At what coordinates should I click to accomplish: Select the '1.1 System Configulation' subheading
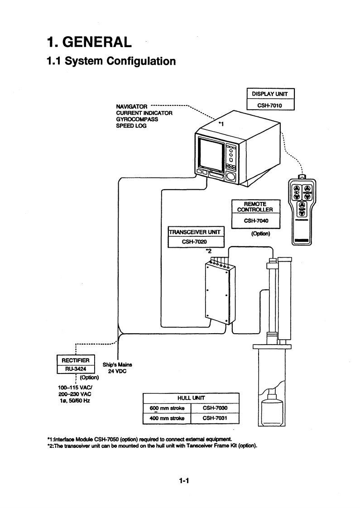[111, 61]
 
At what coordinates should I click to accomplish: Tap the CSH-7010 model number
[270, 105]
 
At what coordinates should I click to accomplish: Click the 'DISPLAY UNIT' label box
[270, 94]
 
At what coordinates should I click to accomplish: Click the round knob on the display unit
[231, 176]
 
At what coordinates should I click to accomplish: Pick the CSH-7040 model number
[256, 221]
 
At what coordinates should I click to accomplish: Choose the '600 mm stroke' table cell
[167, 408]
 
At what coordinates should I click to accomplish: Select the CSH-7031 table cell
[215, 418]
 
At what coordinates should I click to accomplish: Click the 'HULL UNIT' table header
[191, 398]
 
